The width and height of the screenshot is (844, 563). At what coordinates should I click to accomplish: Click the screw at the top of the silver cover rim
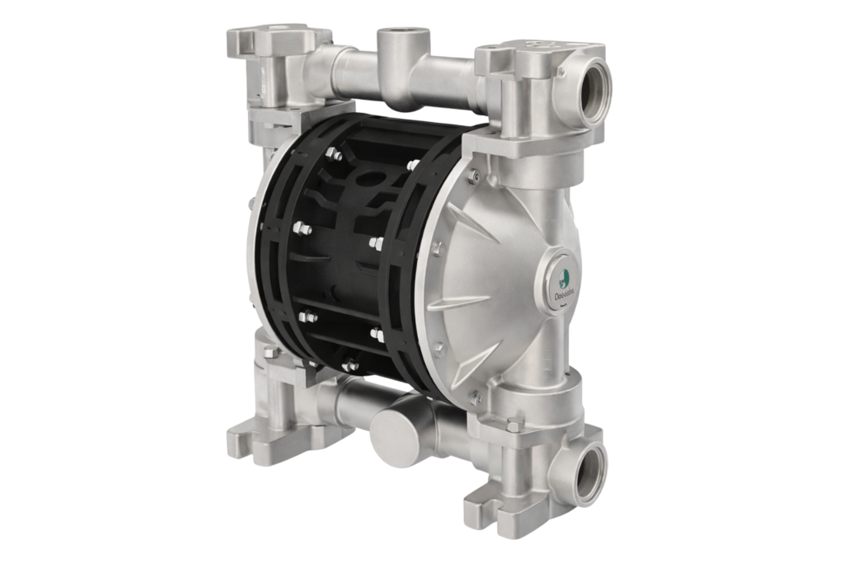473,176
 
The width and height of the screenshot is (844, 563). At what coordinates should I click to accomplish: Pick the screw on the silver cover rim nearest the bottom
473,396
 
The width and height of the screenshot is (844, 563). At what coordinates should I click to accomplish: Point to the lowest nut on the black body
351,364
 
